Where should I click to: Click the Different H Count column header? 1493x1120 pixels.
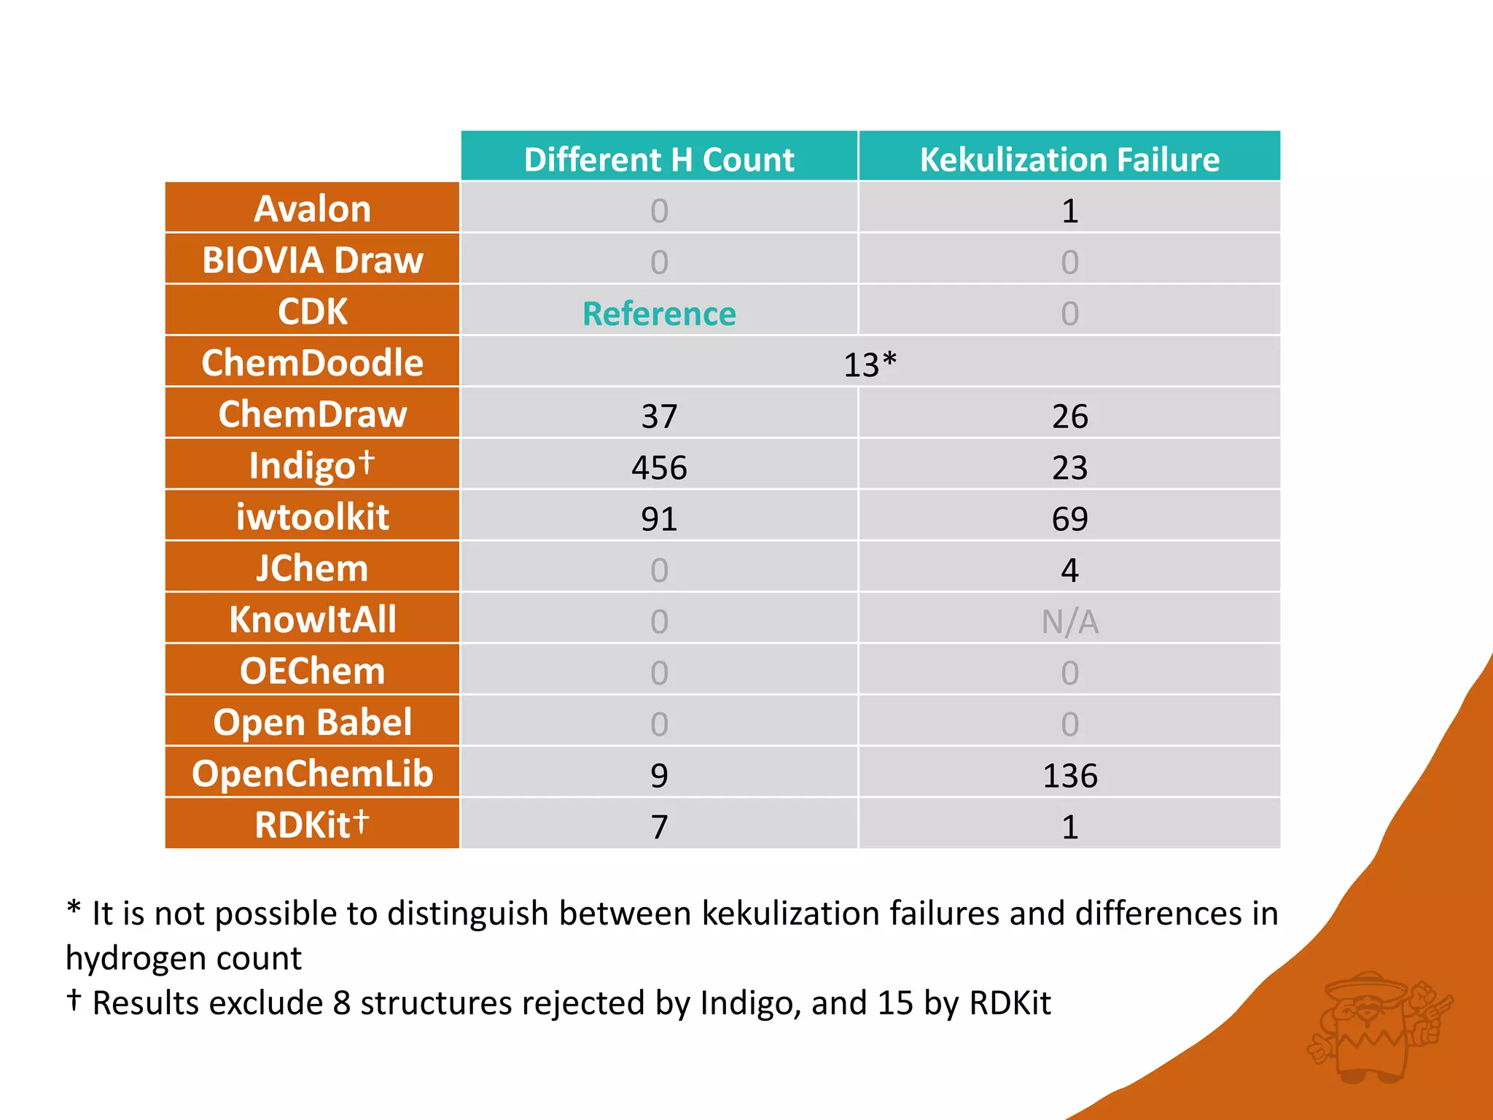coord(659,159)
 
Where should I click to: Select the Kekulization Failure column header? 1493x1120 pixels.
coord(1069,159)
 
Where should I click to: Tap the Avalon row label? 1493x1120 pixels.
coord(312,209)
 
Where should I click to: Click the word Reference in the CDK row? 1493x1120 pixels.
coord(659,314)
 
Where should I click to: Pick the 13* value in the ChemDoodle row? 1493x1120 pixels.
coord(869,365)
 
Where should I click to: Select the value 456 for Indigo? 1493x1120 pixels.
coord(659,467)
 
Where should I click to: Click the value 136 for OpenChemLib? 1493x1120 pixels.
coord(1069,775)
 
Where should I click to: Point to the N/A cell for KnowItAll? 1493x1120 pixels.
coord(1069,622)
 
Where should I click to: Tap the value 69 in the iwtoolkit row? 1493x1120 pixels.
coord(1069,518)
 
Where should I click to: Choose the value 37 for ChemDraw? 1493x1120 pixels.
coord(659,416)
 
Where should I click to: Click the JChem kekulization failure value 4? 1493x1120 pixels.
coord(1069,570)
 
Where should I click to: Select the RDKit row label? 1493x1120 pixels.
coord(312,825)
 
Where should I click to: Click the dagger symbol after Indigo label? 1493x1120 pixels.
coord(367,462)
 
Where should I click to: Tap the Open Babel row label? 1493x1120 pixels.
coord(312,723)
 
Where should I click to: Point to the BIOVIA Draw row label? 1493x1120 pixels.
coord(312,260)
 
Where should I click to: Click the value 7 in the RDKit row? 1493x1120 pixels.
coord(659,827)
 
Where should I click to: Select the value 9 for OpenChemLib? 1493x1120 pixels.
coord(659,775)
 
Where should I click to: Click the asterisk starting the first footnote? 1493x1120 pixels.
coord(74,909)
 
